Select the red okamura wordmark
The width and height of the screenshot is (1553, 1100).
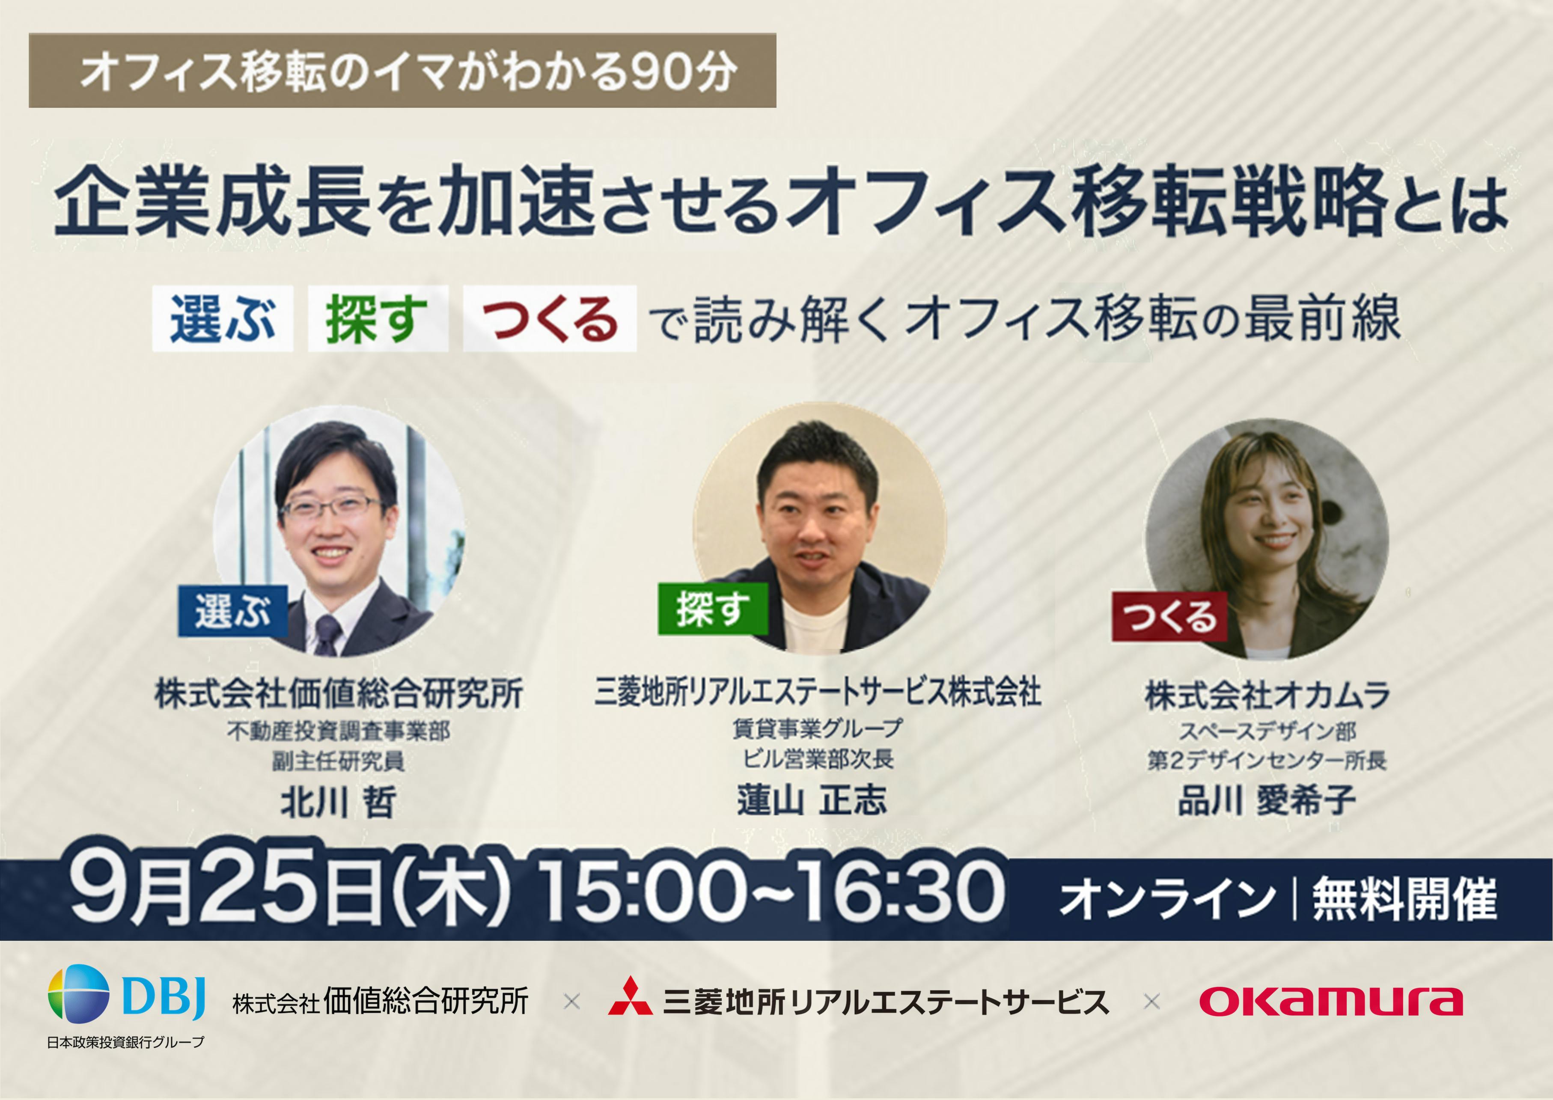1331,1001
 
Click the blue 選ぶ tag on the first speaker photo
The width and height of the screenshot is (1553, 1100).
232,611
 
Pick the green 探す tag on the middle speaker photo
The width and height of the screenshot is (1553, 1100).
712,609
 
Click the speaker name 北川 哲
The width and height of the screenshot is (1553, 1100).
338,803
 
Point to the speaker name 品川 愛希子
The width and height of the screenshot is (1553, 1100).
1267,801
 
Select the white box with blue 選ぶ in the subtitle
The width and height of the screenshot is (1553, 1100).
222,319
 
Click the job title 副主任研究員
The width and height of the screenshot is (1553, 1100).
338,761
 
